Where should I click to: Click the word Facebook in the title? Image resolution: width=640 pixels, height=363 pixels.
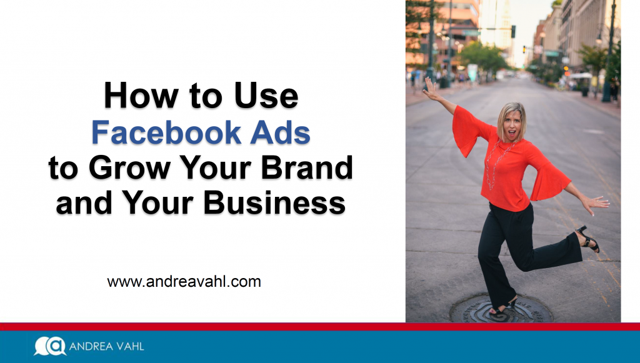click(x=166, y=132)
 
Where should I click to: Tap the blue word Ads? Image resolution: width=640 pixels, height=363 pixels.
click(x=281, y=132)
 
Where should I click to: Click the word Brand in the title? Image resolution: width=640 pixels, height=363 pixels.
click(x=307, y=167)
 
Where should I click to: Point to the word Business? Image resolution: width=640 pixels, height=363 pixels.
click(x=274, y=202)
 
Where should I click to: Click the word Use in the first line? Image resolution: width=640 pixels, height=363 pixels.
click(x=266, y=96)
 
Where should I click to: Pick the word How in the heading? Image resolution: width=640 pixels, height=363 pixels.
click(x=141, y=96)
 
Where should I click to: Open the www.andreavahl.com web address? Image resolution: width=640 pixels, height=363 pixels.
click(x=184, y=281)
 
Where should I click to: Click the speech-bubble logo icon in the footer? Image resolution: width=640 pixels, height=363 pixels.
click(x=50, y=346)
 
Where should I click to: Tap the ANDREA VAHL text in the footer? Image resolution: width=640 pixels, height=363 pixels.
click(x=106, y=347)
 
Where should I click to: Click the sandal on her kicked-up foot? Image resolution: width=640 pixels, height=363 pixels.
click(x=587, y=239)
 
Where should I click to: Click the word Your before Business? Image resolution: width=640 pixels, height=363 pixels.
click(x=157, y=202)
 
